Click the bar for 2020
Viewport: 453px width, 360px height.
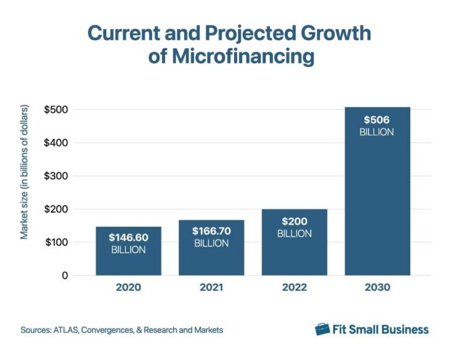pos(128,251)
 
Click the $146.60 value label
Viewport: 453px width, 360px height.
pos(128,238)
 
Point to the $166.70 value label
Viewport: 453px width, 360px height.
pos(211,231)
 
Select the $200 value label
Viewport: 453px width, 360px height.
pos(294,222)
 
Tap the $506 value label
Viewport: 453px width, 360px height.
pos(377,120)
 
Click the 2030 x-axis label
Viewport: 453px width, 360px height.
pos(377,288)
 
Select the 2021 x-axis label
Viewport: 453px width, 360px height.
pos(211,288)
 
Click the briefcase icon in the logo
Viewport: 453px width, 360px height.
pos(322,329)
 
